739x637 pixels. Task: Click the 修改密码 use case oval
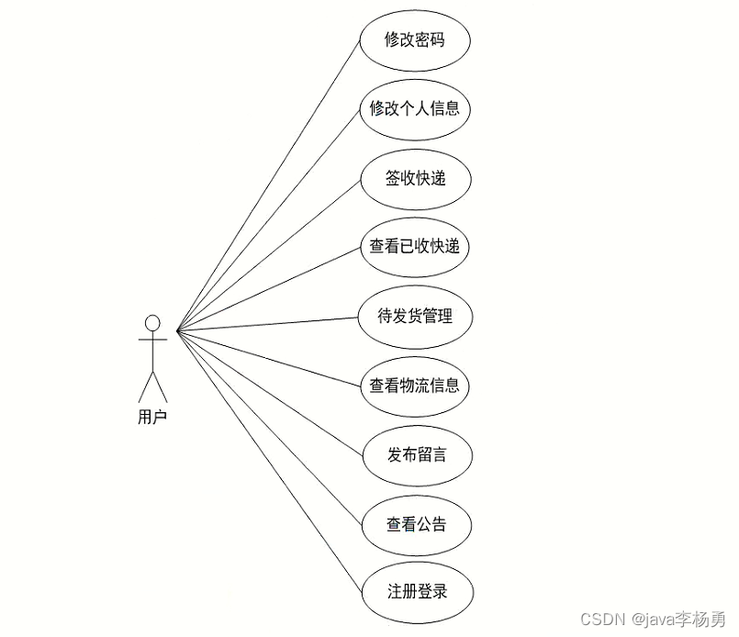pos(415,41)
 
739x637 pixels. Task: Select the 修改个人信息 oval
pos(415,109)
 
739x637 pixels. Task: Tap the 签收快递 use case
pos(415,178)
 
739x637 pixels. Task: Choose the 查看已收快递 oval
pos(415,247)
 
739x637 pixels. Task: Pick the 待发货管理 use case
pos(415,317)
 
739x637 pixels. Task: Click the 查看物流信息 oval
pos(415,386)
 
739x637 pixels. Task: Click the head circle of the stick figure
pos(152,323)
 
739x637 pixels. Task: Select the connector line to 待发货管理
pos(266,324)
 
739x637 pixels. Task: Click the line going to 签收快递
pos(268,254)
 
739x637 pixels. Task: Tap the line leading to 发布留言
pos(270,392)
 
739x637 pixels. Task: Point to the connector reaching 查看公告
pos(268,426)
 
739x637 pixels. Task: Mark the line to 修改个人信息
pos(267,220)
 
